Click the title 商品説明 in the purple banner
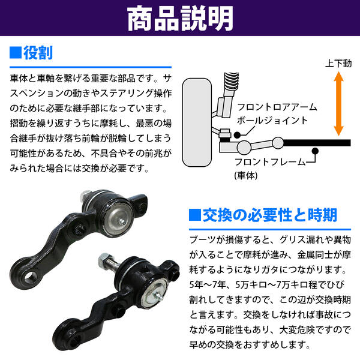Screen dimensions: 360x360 [180, 19]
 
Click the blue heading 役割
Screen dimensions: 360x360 [38, 53]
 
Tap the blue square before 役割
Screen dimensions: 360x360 [16, 53]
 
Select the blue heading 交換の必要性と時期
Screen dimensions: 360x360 [270, 215]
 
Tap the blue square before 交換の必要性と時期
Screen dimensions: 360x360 [195, 215]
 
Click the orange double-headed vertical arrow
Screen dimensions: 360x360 [338, 103]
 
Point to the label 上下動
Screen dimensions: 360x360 [338, 64]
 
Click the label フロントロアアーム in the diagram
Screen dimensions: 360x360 [277, 107]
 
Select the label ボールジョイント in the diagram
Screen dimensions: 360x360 [272, 121]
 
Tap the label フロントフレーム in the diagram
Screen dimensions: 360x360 [270, 162]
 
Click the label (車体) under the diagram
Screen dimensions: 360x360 [246, 176]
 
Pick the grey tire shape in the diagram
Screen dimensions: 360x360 [197, 122]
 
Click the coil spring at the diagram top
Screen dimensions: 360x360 [232, 81]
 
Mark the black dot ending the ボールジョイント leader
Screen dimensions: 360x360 [237, 135]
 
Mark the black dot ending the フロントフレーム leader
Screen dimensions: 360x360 [315, 151]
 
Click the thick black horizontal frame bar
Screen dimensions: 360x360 [317, 143]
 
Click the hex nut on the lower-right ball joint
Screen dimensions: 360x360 [104, 260]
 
